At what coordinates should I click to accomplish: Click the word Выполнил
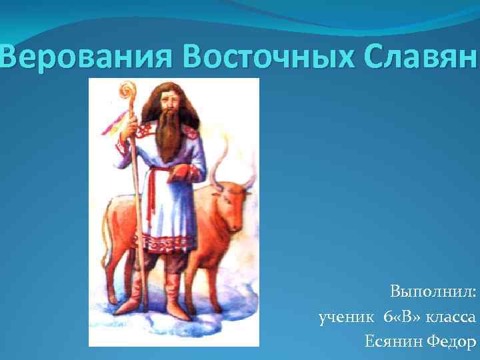tap(433, 292)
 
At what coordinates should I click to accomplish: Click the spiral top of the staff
tap(126, 90)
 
